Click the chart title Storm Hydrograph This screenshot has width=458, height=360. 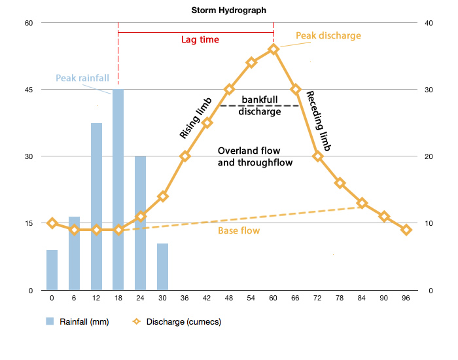tap(229, 10)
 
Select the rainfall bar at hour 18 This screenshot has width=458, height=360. tap(118, 190)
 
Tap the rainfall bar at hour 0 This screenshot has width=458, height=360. tap(52, 270)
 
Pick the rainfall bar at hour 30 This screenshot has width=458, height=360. tap(162, 267)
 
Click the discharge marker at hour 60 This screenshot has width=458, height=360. tap(273, 49)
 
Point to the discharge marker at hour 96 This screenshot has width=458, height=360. tap(406, 230)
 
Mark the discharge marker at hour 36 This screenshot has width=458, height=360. tap(185, 156)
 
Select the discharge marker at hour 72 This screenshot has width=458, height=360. tap(317, 156)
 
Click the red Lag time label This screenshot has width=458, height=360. tap(200, 40)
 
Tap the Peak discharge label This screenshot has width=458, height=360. tap(328, 35)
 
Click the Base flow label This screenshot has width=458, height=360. tap(238, 230)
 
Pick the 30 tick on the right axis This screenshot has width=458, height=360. tap(429, 90)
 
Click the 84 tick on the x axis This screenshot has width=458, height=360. tap(362, 298)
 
